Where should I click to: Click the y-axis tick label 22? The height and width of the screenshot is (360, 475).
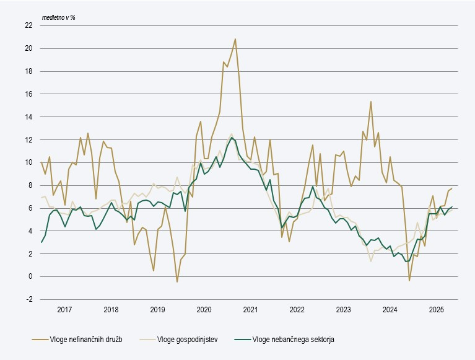tap(28, 25)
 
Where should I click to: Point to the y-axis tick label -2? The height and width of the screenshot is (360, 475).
tap(29, 299)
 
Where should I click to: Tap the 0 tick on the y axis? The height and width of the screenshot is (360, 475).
tap(30, 276)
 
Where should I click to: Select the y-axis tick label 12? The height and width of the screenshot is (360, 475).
tap(28, 139)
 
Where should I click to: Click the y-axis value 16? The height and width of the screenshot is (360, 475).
tap(28, 94)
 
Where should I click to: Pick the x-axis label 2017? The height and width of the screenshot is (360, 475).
tap(64, 309)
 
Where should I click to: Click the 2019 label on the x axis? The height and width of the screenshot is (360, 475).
tap(157, 309)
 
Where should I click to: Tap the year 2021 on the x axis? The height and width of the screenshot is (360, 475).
tap(250, 309)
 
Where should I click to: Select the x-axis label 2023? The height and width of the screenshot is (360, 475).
tap(343, 309)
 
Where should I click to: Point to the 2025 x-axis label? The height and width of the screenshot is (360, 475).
tap(436, 309)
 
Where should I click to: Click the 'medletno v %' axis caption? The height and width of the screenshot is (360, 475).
tap(58, 17)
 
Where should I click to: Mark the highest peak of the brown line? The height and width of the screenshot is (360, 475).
tap(235, 39)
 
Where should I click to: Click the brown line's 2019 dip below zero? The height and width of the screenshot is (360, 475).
tap(176, 282)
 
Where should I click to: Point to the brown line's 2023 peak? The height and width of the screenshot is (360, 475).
tap(370, 102)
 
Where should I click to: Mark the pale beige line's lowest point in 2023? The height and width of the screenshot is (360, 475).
tap(370, 261)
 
